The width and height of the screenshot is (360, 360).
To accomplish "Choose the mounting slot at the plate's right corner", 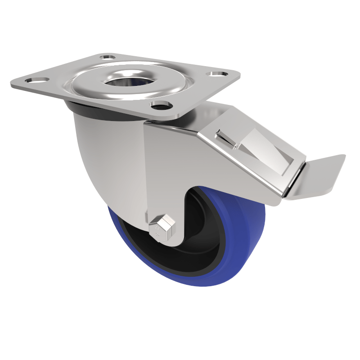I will tap(217, 73).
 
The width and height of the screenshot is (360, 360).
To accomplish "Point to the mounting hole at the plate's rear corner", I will tap(108, 57).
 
